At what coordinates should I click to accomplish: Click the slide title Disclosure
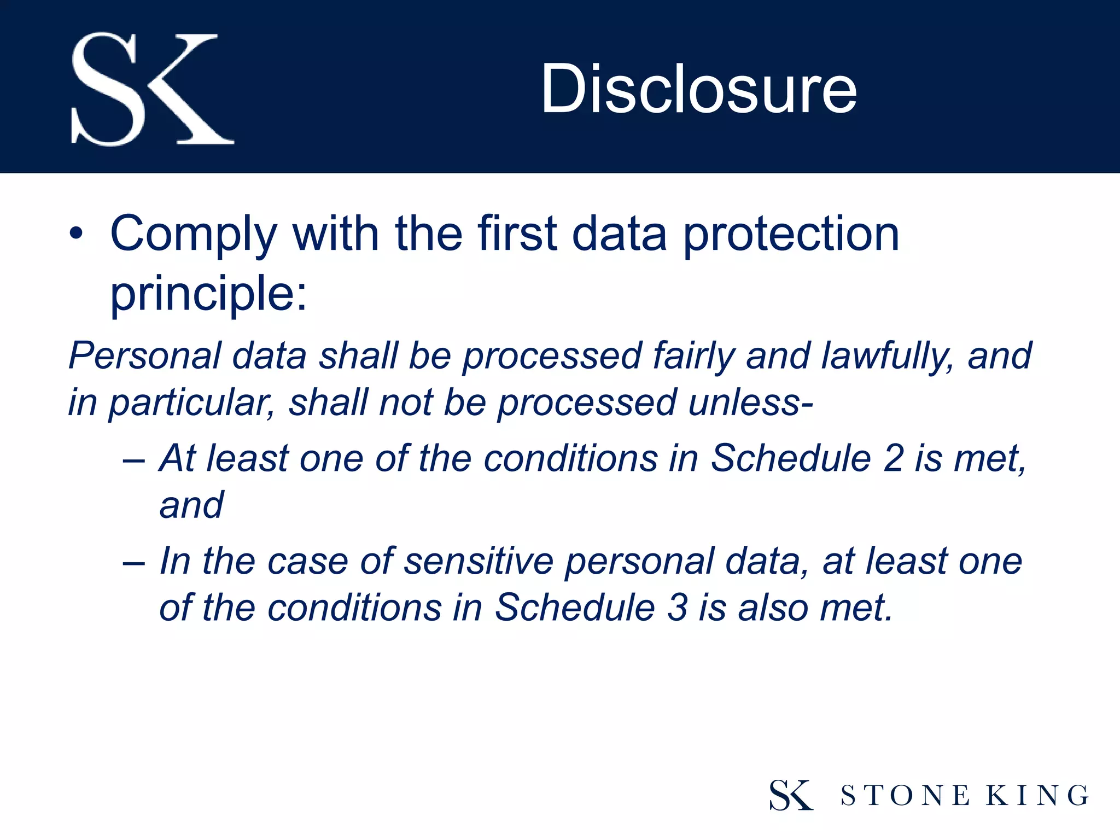(698, 89)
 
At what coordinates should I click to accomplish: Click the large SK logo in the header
(152, 89)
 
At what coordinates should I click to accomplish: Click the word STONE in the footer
(905, 796)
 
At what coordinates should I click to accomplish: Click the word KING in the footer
(1037, 796)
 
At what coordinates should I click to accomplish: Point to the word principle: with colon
(208, 294)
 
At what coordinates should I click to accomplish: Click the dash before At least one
(134, 459)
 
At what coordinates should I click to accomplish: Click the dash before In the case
(134, 562)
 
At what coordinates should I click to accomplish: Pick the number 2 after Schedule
(893, 458)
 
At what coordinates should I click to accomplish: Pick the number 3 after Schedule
(677, 608)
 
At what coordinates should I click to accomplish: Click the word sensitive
(479, 562)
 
